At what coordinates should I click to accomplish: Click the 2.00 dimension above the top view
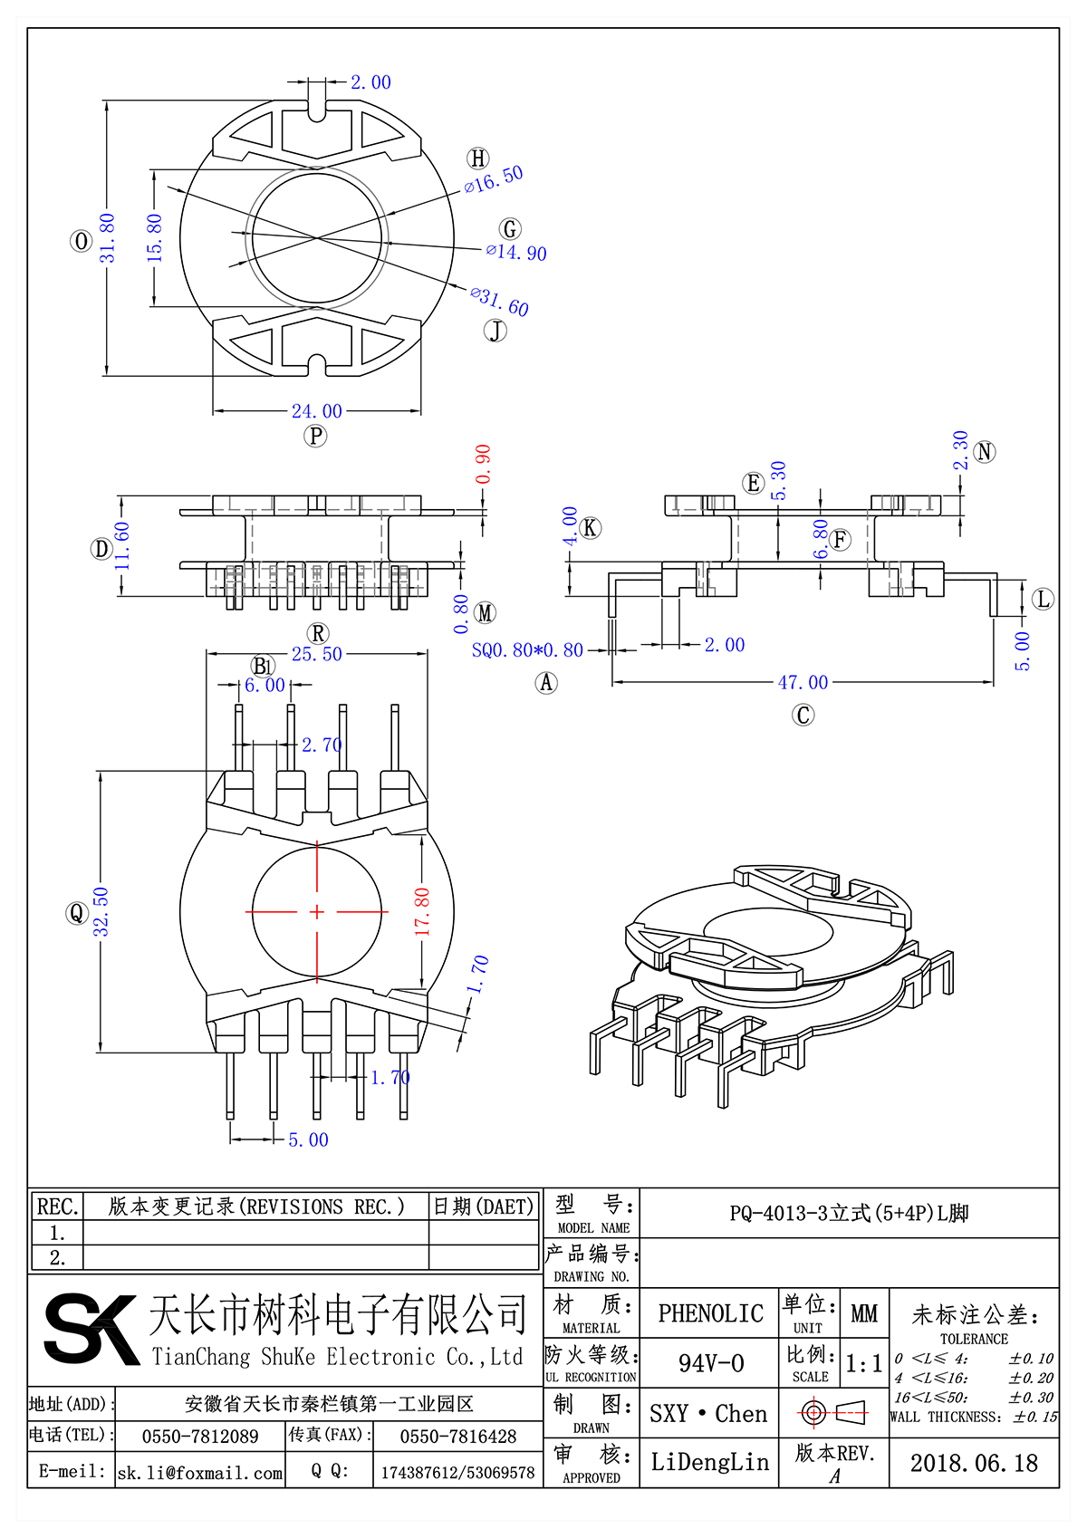point(370,82)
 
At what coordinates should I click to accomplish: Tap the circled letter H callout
point(478,159)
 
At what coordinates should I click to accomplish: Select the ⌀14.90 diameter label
point(516,252)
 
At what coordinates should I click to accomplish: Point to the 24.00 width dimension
point(316,411)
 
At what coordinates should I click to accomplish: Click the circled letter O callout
point(82,241)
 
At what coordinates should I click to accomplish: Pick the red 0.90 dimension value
point(483,464)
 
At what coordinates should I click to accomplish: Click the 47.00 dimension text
point(803,683)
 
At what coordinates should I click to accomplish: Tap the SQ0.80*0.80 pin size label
point(527,650)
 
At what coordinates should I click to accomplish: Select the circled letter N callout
point(985,452)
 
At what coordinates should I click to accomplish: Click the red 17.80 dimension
point(422,911)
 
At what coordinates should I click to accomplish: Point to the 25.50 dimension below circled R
point(316,654)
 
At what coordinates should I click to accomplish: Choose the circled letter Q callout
point(76,913)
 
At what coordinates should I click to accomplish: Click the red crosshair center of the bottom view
point(317,912)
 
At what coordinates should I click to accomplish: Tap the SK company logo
point(90,1330)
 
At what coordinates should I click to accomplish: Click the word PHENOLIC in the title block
point(710,1313)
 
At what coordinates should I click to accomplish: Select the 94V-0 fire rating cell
point(710,1363)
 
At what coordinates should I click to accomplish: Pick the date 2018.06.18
point(974,1463)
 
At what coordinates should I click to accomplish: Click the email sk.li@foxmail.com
point(200,1473)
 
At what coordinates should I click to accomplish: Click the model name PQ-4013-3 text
point(849,1213)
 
